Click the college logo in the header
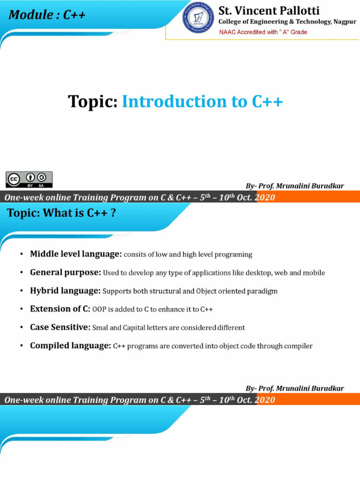point(198,18)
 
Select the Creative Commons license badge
point(29,179)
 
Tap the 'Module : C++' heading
point(47,15)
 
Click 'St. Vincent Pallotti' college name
point(269,10)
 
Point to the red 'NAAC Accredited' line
point(263,32)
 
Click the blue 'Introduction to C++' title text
point(202,101)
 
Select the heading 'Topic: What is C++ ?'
point(61,213)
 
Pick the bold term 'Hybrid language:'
point(65,291)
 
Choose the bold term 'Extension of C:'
point(60,309)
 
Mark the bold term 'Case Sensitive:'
point(60,327)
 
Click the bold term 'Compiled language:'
point(70,345)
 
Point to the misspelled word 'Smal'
point(100,328)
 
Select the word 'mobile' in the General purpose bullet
point(314,273)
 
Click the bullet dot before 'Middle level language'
point(22,255)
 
